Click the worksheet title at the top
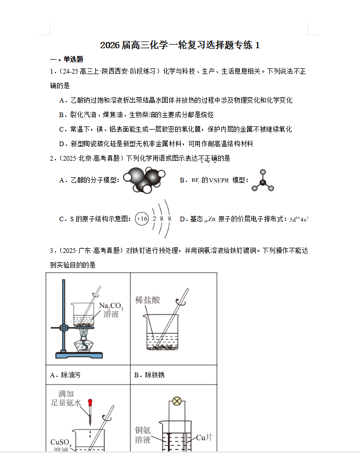point(180,46)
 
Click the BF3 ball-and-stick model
point(263,181)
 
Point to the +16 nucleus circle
point(141,219)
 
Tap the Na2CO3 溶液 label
point(111,309)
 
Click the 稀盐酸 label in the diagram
point(148,300)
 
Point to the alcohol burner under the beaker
point(83,344)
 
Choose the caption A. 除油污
point(65,375)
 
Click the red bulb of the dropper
point(90,402)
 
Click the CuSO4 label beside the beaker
point(61,442)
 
